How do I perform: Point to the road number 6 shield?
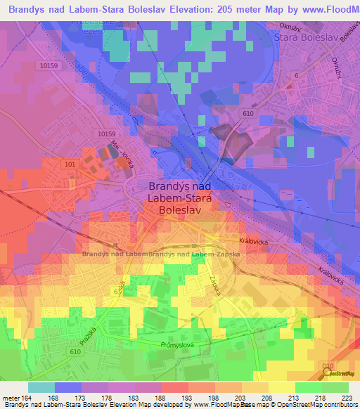[297, 75]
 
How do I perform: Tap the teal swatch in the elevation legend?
[41, 387]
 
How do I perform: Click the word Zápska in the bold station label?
[225, 254]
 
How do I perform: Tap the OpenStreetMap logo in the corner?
[341, 373]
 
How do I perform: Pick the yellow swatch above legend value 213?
[281, 387]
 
